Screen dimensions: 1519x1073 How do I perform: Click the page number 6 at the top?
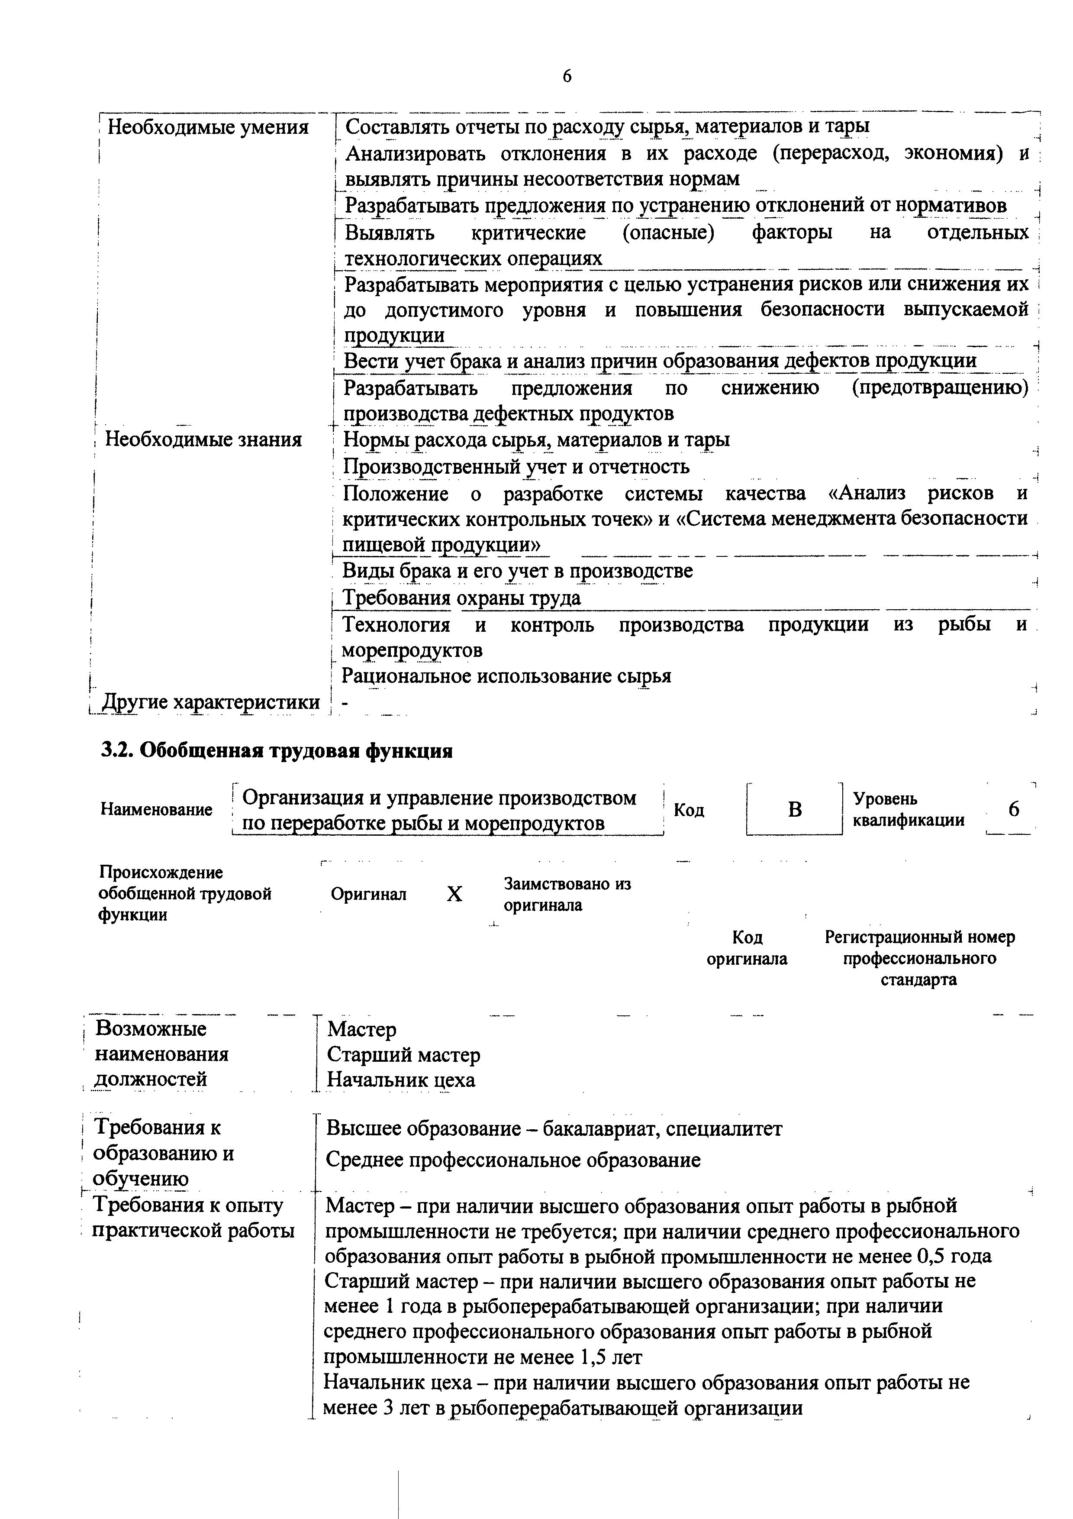pyautogui.click(x=567, y=77)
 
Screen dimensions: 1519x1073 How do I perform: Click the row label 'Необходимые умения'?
pyautogui.click(x=208, y=127)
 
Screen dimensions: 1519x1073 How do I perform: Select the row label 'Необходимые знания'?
pyautogui.click(x=203, y=440)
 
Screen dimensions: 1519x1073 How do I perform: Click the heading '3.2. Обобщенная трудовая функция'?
pyautogui.click(x=276, y=751)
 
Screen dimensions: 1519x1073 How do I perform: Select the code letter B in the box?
pyautogui.click(x=795, y=809)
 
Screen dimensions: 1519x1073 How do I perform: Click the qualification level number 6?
pyautogui.click(x=1014, y=808)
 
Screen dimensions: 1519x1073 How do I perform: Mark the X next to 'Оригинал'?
pyautogui.click(x=454, y=895)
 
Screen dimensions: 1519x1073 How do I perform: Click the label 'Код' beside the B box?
pyautogui.click(x=689, y=811)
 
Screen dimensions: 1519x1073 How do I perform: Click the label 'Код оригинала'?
pyautogui.click(x=747, y=948)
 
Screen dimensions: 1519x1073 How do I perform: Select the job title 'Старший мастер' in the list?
pyautogui.click(x=403, y=1054)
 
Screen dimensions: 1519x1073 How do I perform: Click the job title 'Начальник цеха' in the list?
pyautogui.click(x=401, y=1080)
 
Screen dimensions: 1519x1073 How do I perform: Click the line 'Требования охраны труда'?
pyautogui.click(x=461, y=598)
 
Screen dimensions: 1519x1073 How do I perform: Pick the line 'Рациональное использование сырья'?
pyautogui.click(x=506, y=676)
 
